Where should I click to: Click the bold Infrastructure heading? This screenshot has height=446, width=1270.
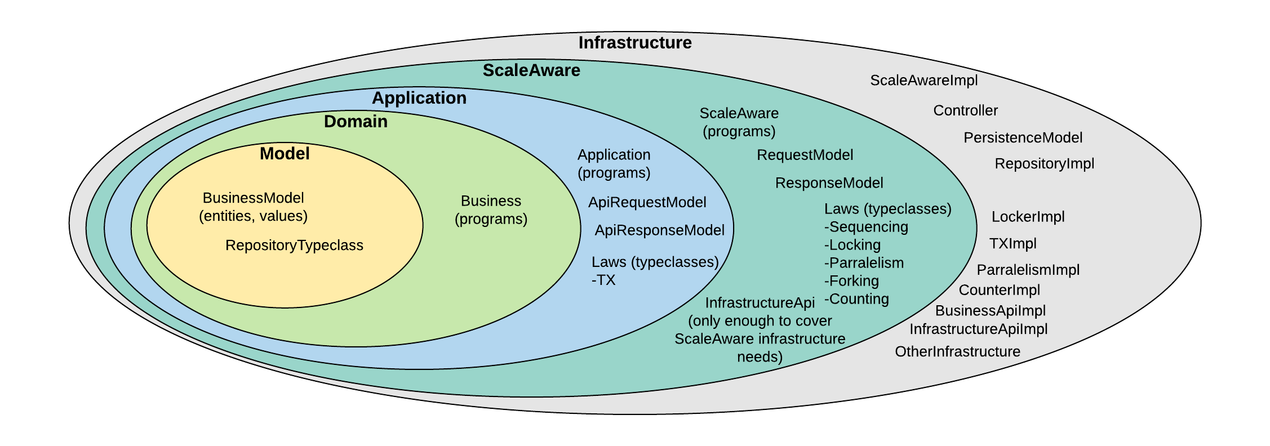click(x=635, y=43)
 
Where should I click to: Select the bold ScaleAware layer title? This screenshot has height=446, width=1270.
click(x=531, y=70)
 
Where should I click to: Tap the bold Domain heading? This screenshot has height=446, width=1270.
click(x=356, y=122)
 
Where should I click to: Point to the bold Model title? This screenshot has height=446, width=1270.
click(x=285, y=154)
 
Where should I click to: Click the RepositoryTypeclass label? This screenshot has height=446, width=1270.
click(x=294, y=246)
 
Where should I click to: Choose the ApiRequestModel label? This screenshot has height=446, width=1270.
click(x=647, y=203)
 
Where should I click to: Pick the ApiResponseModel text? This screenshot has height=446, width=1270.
click(x=659, y=230)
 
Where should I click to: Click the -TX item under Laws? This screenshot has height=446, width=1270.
click(x=603, y=280)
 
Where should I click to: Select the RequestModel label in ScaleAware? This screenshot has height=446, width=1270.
click(x=805, y=155)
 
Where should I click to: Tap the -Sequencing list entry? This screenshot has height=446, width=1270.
click(x=866, y=227)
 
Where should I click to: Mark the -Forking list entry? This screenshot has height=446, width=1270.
click(x=851, y=281)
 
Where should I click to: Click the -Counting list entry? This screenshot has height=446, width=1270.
click(x=856, y=299)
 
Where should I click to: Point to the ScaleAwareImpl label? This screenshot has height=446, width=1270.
click(x=923, y=81)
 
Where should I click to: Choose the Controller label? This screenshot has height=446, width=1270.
click(x=965, y=110)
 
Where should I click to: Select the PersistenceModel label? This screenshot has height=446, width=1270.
click(x=1023, y=138)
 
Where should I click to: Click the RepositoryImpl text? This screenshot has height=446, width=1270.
click(x=1044, y=164)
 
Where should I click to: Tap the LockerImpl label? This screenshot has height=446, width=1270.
click(x=1028, y=217)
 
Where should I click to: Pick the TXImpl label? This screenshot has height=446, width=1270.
click(x=1013, y=244)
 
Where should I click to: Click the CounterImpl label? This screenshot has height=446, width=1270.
click(x=999, y=290)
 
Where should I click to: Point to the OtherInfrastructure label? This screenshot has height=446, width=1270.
click(x=957, y=352)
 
